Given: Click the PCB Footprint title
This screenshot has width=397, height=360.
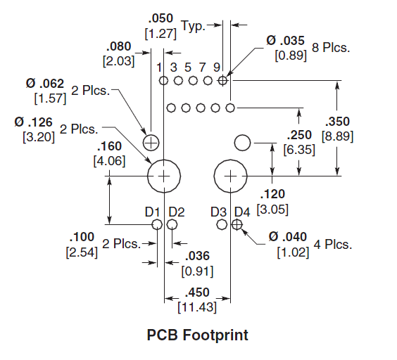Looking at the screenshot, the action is coord(198,335).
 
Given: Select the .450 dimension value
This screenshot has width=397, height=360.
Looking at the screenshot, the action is coord(197,292).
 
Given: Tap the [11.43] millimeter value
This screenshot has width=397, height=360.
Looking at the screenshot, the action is coord(197,307).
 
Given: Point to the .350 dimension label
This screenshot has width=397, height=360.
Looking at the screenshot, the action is coord(337,122).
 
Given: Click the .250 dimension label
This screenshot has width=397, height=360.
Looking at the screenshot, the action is coord(299,135).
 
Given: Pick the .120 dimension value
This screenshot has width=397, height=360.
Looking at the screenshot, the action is coord(272,194).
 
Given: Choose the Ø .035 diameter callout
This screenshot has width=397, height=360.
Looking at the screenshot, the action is coord(285,41).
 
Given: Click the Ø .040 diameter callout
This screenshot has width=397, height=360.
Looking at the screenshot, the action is coord(288,237).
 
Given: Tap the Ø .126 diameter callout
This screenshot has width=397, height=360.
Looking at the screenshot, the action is coord(33,122).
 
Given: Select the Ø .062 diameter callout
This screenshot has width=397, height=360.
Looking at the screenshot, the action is coord(45,84).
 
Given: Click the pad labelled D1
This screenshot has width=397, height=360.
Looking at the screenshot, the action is coord(157,224).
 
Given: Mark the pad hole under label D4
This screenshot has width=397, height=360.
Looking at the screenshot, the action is coord(237,224).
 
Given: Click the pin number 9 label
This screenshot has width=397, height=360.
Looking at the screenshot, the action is coord(217,67).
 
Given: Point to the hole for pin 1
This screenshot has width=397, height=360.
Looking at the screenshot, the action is coord(163,81).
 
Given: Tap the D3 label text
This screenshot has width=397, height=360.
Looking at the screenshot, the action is coord(218,212).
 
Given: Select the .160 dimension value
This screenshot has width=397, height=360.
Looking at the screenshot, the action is coord(109,146).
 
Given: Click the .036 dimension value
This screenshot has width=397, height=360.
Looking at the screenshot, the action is coord(197,256).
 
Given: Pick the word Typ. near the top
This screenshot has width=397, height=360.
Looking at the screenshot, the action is coord(193,26).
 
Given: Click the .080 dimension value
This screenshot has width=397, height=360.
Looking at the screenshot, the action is coord(118,46).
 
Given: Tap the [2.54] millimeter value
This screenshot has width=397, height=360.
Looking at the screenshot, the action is coord(82,252).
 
